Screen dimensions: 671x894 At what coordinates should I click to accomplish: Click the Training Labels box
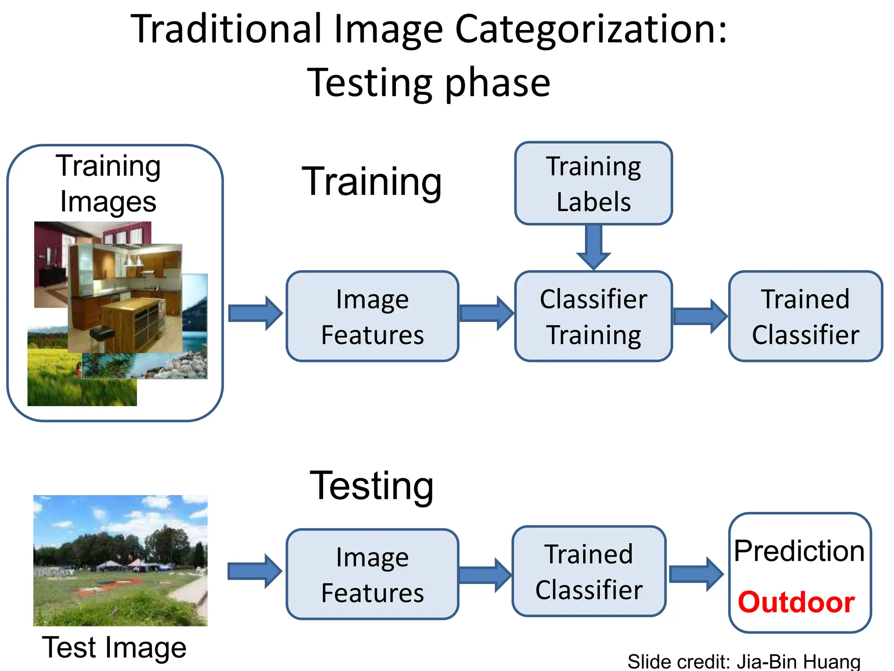(x=593, y=183)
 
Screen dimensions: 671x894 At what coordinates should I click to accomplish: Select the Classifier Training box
(x=593, y=316)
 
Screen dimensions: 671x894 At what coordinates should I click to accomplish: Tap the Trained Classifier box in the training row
(x=805, y=316)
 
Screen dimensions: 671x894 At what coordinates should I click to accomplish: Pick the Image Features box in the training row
(x=372, y=316)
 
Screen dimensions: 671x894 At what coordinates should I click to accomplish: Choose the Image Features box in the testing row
(x=372, y=574)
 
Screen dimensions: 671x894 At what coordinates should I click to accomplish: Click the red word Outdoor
(x=796, y=602)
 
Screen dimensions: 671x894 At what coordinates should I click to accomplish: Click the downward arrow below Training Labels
(x=593, y=247)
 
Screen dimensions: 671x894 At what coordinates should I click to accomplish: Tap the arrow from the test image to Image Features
(x=255, y=571)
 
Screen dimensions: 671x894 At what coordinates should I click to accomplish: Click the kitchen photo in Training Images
(x=125, y=298)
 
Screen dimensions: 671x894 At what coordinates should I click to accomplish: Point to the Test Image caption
(x=114, y=647)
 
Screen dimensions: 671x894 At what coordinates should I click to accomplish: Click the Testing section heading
(x=371, y=486)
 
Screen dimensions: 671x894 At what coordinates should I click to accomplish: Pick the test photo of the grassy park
(x=120, y=560)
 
